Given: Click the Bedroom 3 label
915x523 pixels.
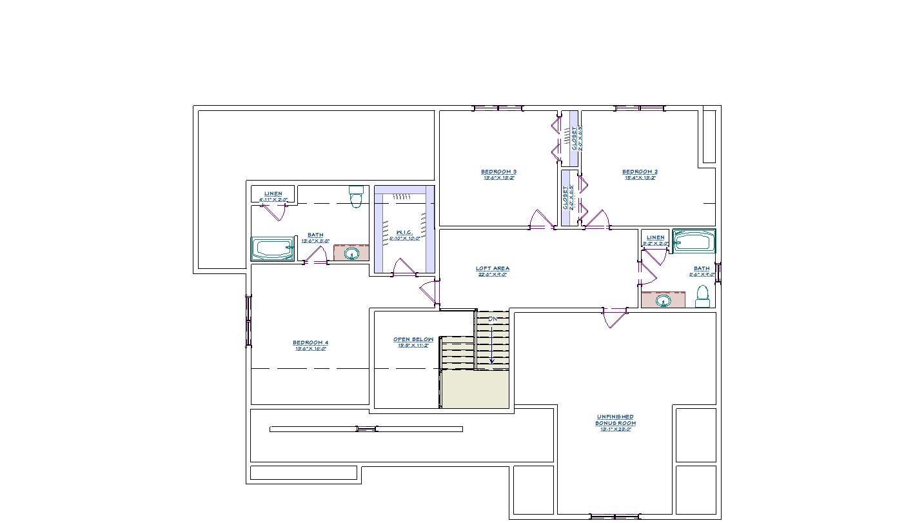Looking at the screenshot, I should tap(498, 172).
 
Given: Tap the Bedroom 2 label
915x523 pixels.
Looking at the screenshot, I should tap(640, 172).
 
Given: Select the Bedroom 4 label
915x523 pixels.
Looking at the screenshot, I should tap(310, 343).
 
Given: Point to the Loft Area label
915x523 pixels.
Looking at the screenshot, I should tap(493, 269).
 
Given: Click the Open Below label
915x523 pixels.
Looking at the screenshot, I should tap(413, 340).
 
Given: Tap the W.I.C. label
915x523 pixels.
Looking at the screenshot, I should tap(404, 233).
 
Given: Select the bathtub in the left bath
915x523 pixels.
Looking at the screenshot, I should tap(272, 249).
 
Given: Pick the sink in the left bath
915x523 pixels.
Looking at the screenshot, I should tap(351, 253).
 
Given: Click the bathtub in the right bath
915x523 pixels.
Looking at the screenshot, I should tap(694, 241).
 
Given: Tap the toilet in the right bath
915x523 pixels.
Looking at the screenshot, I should tap(702, 297).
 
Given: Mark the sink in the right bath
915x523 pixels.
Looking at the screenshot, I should tap(662, 300).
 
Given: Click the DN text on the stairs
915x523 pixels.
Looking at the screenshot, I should tap(493, 319).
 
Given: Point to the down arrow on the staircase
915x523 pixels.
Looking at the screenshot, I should tap(492, 345).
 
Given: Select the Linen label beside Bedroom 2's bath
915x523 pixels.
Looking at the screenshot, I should tap(655, 238).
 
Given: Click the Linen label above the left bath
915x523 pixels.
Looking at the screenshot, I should tap(273, 194).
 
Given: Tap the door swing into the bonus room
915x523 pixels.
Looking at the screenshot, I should tap(614, 318).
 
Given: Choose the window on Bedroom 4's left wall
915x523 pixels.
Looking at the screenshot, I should tap(248, 321).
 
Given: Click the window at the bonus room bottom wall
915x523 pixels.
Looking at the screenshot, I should tap(614, 517).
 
